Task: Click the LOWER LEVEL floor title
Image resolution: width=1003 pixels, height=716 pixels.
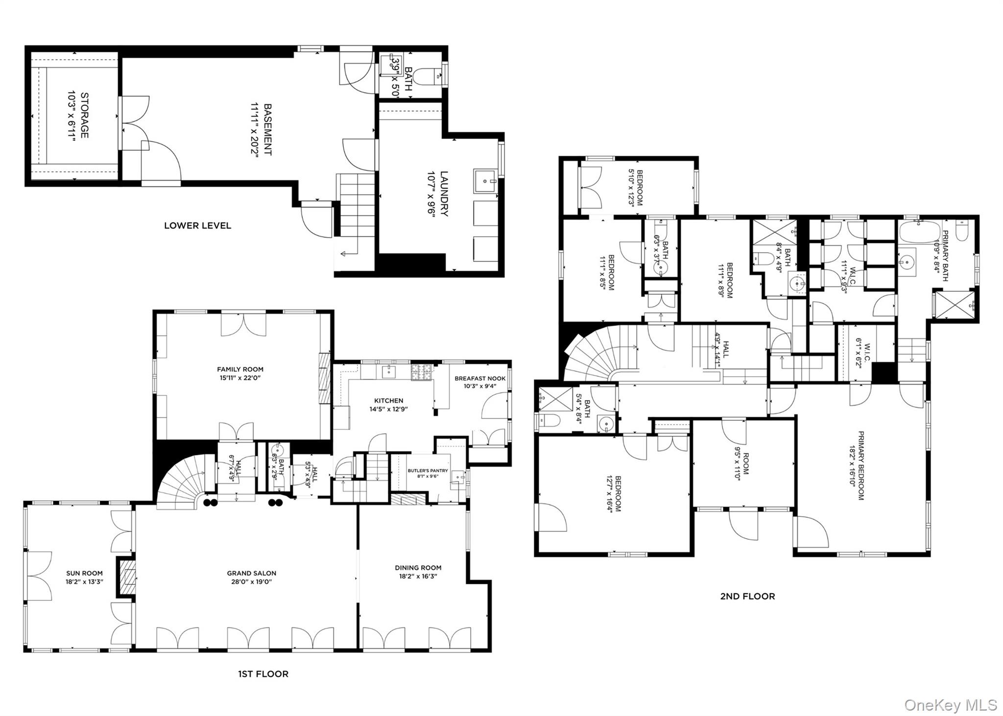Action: coord(197,226)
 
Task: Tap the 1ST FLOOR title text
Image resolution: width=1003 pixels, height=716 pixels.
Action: coord(263,674)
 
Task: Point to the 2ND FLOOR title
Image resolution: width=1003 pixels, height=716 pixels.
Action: coord(747,597)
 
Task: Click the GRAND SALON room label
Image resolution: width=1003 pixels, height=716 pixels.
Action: coord(251,573)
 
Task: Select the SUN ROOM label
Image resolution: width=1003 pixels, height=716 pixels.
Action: coord(85,573)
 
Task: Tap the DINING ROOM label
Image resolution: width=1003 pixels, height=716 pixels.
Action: coord(418,568)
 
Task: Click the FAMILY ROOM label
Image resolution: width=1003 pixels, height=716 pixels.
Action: coord(240,369)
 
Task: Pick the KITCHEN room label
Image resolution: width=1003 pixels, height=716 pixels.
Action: coord(389,401)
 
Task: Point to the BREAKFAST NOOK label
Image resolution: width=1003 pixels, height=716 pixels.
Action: coord(480,378)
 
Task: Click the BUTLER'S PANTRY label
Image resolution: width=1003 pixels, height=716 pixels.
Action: coord(428,471)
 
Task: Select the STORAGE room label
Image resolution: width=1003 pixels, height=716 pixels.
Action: coord(85,115)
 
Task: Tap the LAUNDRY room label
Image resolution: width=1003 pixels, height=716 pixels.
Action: coord(444,193)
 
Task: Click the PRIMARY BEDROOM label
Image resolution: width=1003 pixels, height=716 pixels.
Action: coord(860,465)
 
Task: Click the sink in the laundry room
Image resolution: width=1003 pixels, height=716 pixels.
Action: coord(485,181)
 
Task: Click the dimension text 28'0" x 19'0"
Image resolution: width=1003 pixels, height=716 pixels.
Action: coord(252,582)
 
